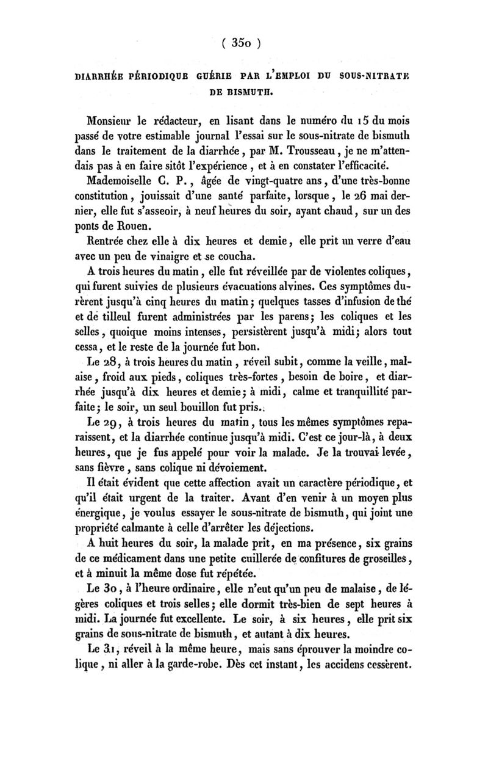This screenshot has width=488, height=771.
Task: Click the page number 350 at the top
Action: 242,43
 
